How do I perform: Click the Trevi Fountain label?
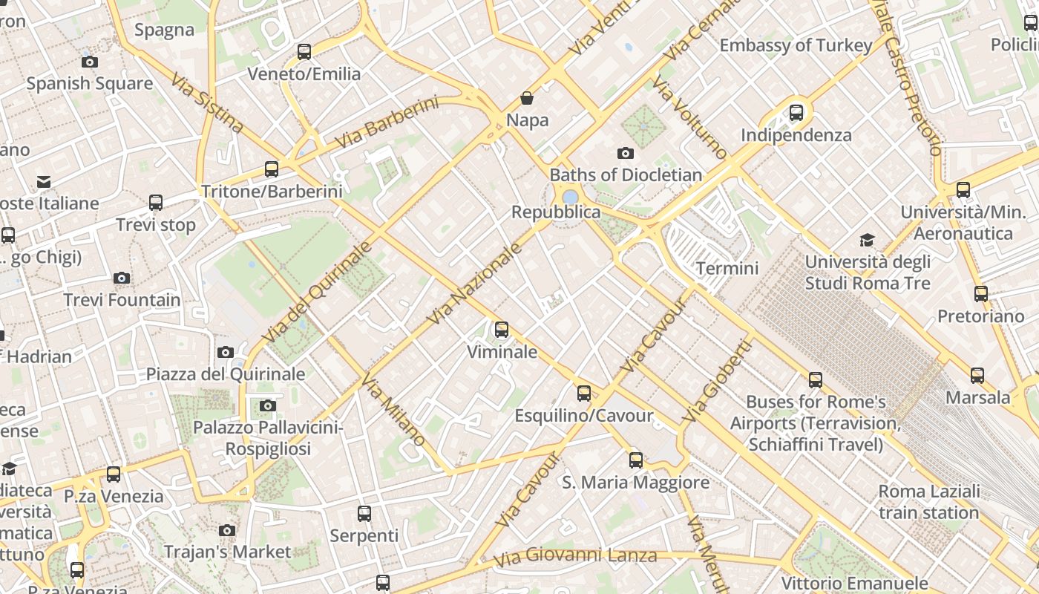coord(122,300)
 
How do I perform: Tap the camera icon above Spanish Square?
coord(90,62)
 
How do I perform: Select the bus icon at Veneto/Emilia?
coord(304,52)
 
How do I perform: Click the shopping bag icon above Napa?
coord(527,98)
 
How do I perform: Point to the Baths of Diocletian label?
coord(626,175)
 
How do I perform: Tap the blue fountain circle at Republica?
coord(570,197)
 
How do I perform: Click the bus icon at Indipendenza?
coord(796,113)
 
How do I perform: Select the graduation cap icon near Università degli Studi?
coord(867,240)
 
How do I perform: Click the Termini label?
coord(727,268)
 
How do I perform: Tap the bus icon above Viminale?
coord(502,330)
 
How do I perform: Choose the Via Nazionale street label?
coord(475,284)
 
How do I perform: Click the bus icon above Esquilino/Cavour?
coord(584,394)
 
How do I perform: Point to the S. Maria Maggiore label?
coord(635,483)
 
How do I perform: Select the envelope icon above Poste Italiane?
coord(44,181)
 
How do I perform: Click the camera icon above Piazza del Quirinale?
coord(226,352)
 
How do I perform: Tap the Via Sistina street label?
coord(207,102)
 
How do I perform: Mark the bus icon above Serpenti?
coord(364,514)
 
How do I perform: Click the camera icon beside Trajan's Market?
coord(227,530)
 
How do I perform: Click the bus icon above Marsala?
coord(977,376)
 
